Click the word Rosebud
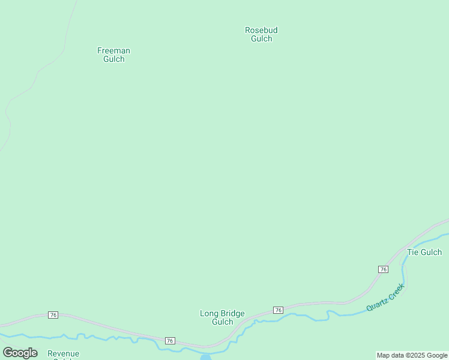(x=261, y=30)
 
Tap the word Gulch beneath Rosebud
(x=261, y=39)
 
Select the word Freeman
(x=113, y=51)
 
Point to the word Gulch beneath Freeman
(x=113, y=59)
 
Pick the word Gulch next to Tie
(x=431, y=252)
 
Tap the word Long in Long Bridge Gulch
(x=209, y=313)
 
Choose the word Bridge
(x=232, y=313)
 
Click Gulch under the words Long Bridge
(x=222, y=322)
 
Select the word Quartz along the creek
(x=378, y=305)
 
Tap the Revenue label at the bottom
(x=63, y=354)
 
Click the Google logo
(x=20, y=353)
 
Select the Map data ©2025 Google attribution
(x=412, y=355)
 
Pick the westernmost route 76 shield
(x=53, y=315)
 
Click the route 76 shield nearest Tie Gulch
(x=383, y=269)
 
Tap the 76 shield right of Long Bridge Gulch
(x=278, y=310)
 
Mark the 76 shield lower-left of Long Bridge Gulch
(x=170, y=341)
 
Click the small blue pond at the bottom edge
(x=205, y=357)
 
